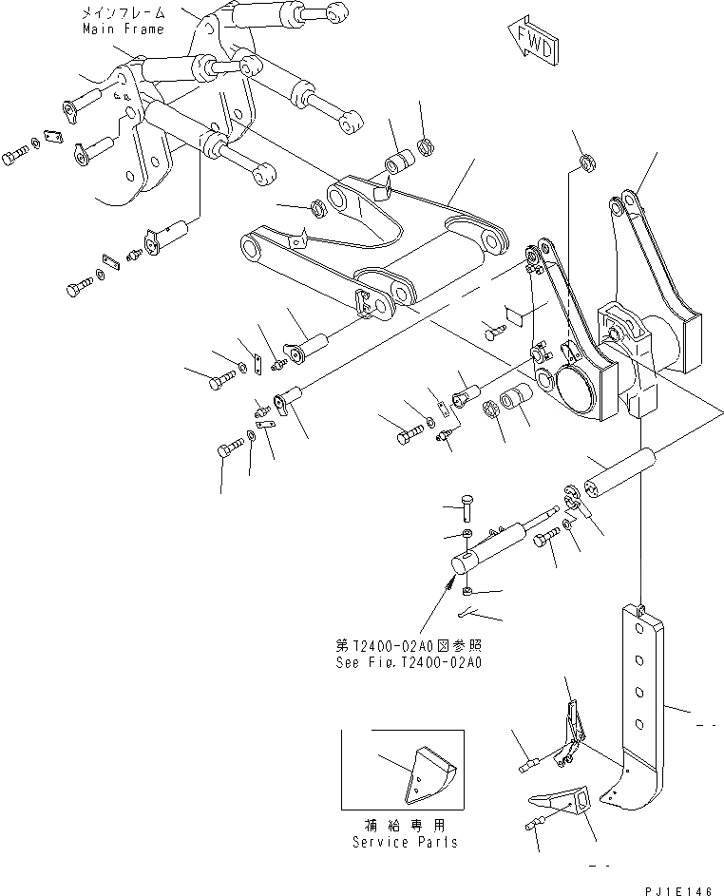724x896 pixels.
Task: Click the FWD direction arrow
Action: (531, 44)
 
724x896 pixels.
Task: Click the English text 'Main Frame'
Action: (124, 29)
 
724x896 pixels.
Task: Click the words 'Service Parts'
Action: (404, 842)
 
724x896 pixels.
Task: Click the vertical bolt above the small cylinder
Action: (466, 505)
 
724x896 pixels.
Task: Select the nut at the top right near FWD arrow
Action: (587, 162)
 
